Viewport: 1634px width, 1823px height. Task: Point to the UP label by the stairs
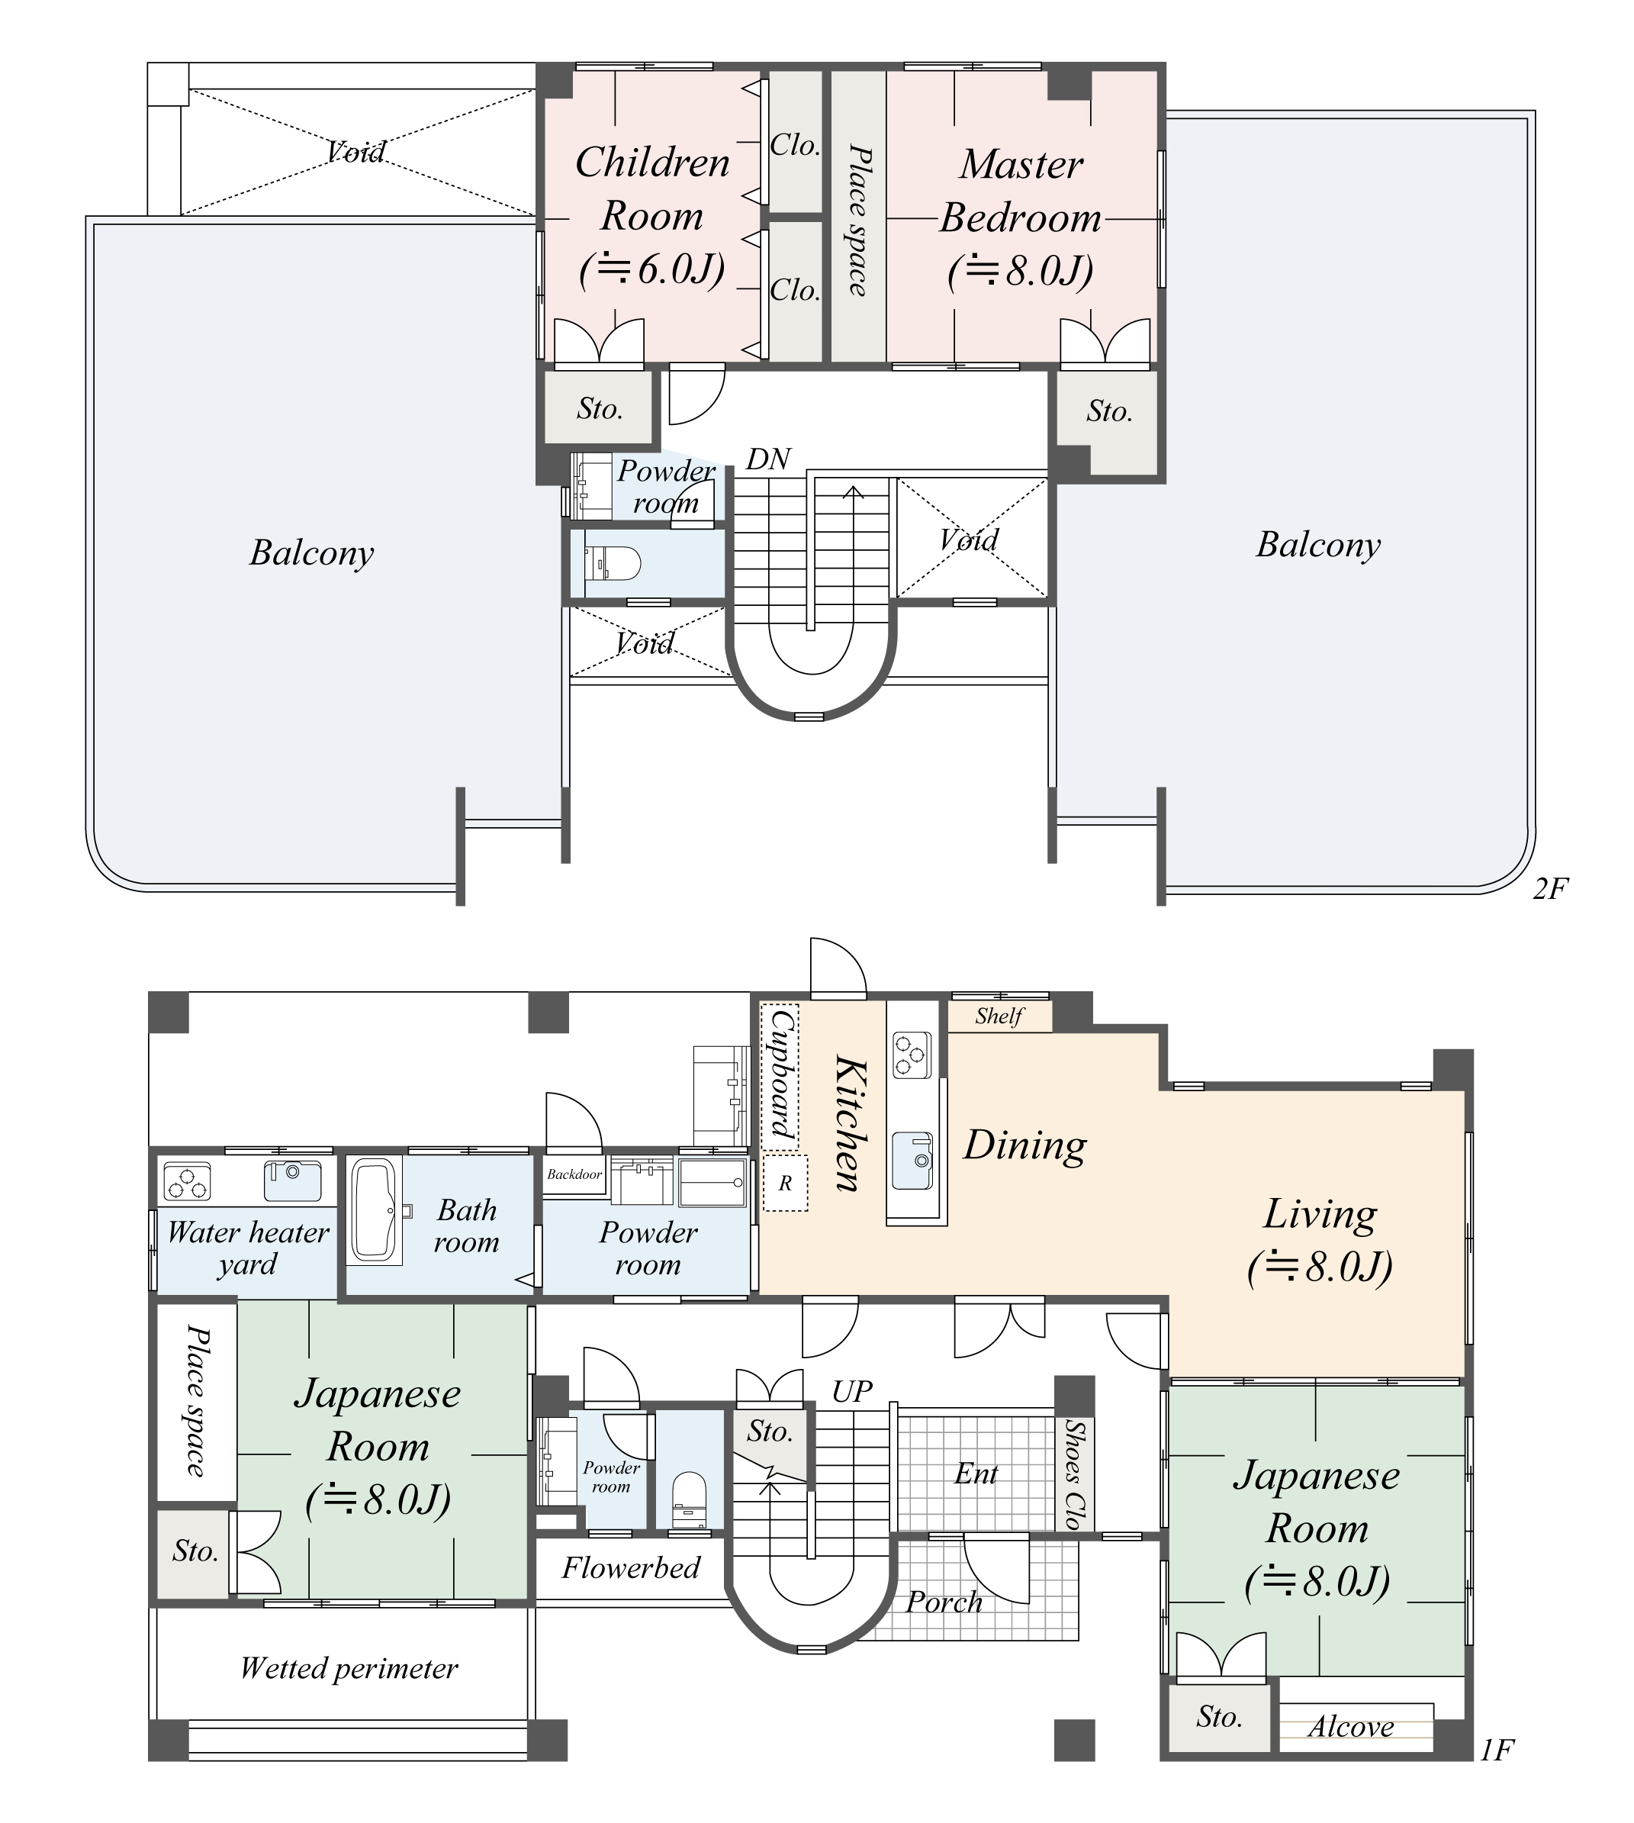[x=851, y=1391]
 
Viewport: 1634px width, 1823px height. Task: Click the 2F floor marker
[x=1549, y=888]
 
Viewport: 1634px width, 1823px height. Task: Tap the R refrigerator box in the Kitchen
[x=785, y=1184]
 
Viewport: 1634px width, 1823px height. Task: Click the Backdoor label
[x=574, y=1174]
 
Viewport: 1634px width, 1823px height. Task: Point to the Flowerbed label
[x=630, y=1568]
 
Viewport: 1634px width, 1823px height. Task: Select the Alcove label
[x=1350, y=1726]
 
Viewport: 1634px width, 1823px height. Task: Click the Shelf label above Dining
[x=999, y=1016]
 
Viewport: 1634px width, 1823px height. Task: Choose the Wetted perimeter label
[x=349, y=1669]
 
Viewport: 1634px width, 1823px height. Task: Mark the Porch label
[x=944, y=1601]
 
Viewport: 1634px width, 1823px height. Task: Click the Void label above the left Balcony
[x=356, y=152]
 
